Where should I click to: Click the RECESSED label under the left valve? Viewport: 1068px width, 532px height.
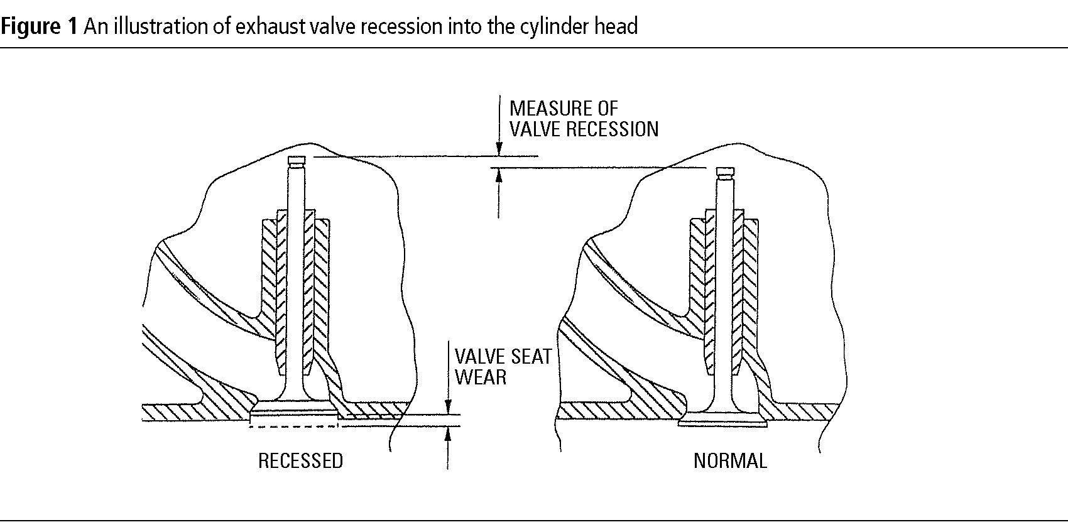coord(300,461)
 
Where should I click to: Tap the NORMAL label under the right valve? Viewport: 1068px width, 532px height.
coord(730,461)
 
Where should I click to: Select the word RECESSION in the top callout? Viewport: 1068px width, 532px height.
coord(612,129)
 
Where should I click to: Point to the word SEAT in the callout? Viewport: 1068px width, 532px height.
coord(528,357)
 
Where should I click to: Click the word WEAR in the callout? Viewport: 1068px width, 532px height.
coord(481,377)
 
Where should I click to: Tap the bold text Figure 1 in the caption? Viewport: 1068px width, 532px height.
coord(39,26)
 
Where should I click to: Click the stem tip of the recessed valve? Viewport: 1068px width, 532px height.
coord(297,160)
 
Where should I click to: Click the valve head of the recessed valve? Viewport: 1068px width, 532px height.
coord(294,410)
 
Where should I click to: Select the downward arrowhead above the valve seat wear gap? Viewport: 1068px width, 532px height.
coord(448,408)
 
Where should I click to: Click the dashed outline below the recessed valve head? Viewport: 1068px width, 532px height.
coord(294,426)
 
